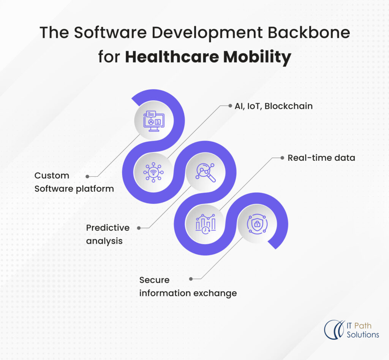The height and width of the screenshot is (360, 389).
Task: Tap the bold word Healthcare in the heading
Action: [172, 57]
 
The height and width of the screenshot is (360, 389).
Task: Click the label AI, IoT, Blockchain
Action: [273, 106]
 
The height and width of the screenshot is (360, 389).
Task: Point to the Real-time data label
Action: [321, 157]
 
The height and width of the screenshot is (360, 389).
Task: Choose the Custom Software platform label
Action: [74, 182]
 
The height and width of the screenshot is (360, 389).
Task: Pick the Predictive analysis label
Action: [108, 234]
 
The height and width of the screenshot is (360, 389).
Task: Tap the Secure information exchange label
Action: [188, 286]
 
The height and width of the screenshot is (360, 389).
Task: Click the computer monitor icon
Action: [154, 121]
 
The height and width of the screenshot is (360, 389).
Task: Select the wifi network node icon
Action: [153, 172]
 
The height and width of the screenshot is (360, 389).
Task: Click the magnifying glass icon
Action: [206, 172]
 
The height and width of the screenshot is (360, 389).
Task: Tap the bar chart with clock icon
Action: [206, 224]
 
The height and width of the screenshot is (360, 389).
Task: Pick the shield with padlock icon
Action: [257, 224]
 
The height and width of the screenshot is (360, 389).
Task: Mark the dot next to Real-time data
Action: [281, 157]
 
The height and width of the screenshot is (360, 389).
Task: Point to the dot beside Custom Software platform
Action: [87, 176]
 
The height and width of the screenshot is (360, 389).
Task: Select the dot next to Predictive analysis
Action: [139, 228]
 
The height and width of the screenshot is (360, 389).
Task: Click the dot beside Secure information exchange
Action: [191, 279]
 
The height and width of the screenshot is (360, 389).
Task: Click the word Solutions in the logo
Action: [363, 335]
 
